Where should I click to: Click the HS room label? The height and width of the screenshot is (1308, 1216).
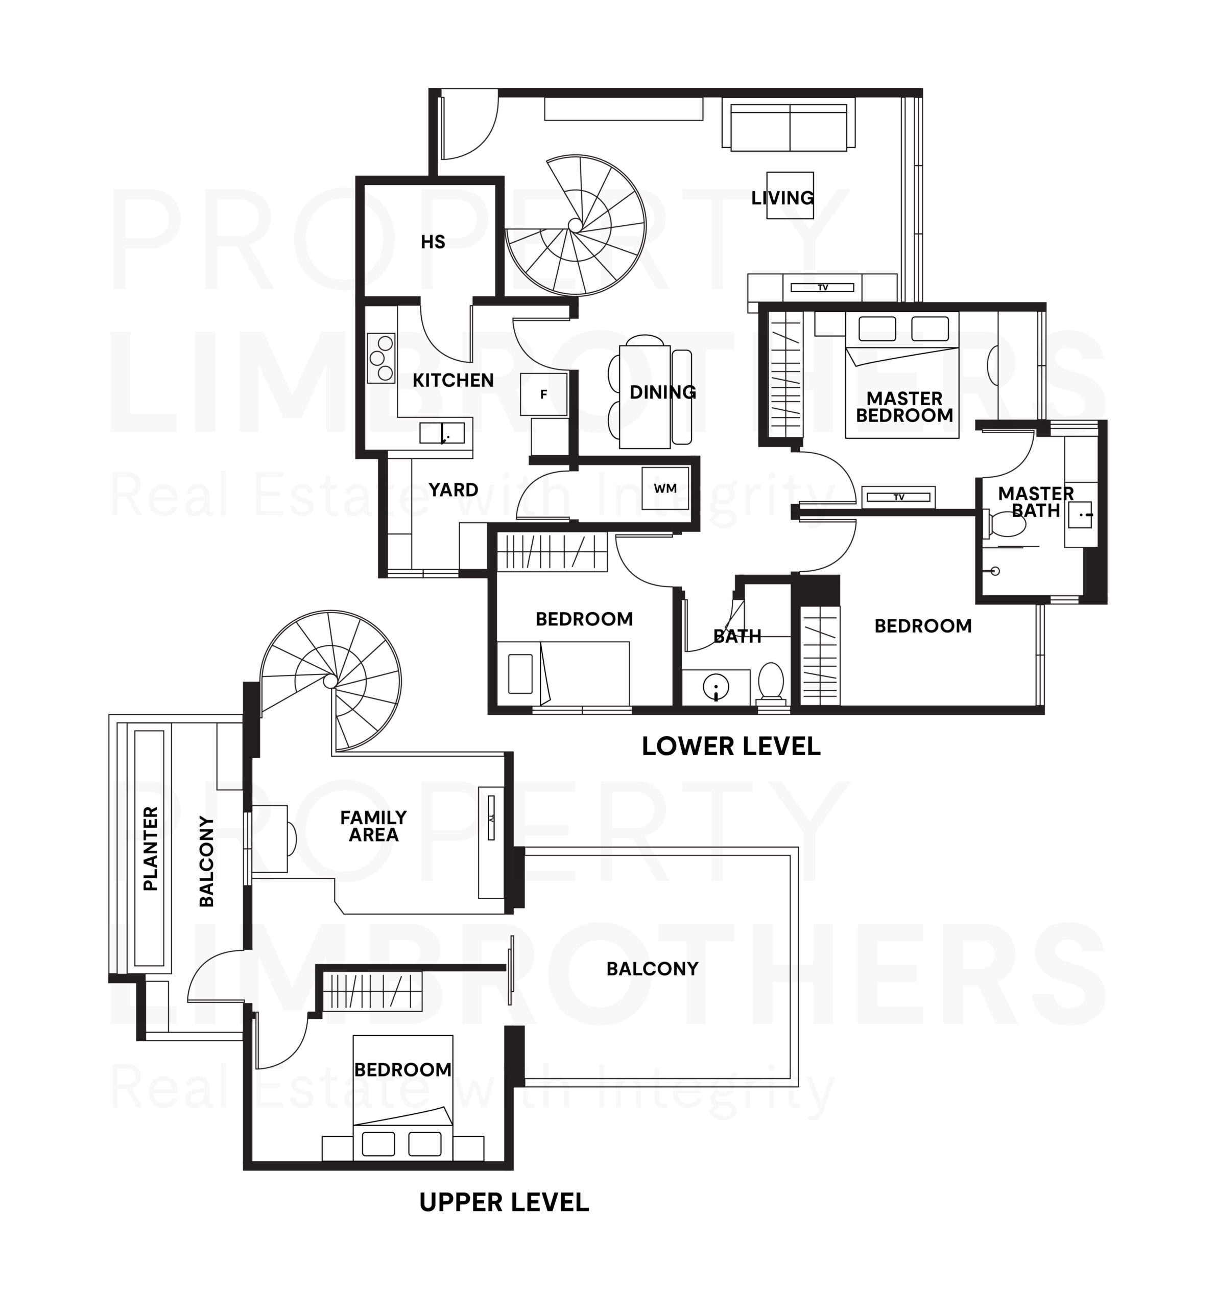point(433,242)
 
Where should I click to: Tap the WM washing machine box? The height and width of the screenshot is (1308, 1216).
point(665,488)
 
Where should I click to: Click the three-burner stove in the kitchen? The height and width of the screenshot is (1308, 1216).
point(381,358)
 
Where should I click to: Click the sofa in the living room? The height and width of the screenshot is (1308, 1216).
point(789,124)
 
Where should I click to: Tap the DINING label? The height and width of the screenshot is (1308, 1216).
point(662,392)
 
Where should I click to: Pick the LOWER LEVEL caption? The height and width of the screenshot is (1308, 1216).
point(731,746)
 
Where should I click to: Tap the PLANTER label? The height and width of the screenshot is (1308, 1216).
point(151,848)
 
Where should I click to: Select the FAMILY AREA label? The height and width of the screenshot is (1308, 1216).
point(373,826)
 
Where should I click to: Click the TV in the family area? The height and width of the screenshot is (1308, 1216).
point(491,817)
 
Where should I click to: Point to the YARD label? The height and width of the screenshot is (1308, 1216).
point(453,489)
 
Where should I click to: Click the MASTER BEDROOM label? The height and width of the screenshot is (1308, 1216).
point(904,407)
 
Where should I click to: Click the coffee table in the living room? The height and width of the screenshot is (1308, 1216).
point(790,195)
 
